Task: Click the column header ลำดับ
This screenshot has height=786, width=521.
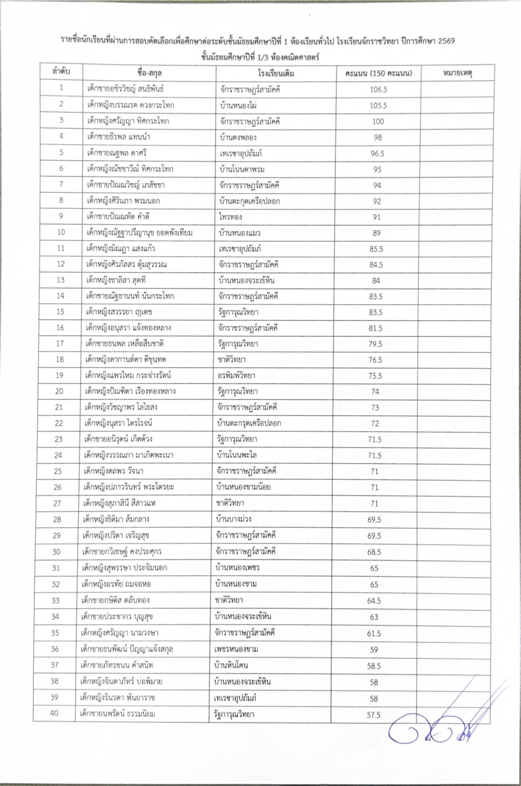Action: click(62, 73)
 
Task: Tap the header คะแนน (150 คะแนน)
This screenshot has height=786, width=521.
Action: click(379, 73)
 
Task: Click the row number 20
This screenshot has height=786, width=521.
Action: click(62, 391)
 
